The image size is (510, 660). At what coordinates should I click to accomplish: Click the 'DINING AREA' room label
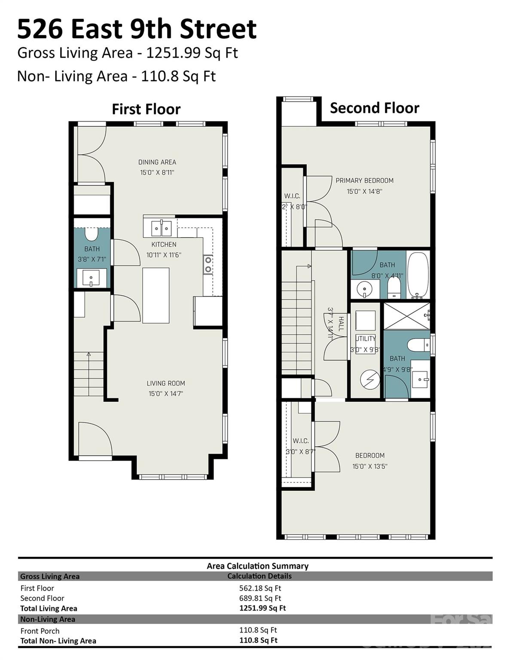(x=157, y=162)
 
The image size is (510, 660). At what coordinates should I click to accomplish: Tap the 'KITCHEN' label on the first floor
(x=164, y=244)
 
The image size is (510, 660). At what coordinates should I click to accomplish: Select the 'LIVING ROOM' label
(x=166, y=383)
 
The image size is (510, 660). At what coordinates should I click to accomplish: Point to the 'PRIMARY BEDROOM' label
(x=364, y=180)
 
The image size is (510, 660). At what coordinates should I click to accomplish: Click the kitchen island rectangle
(x=156, y=295)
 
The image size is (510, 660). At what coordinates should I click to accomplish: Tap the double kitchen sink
(x=162, y=228)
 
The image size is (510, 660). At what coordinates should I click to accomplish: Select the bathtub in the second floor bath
(x=418, y=275)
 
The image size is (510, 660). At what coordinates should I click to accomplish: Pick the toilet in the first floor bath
(x=92, y=234)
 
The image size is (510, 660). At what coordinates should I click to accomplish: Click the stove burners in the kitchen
(x=208, y=265)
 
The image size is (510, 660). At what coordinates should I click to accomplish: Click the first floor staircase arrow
(x=89, y=355)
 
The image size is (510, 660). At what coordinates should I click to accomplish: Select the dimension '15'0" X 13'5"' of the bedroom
(x=370, y=466)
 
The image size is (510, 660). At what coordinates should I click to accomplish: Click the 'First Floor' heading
(x=146, y=109)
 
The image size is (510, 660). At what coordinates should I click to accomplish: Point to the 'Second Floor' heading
(x=374, y=108)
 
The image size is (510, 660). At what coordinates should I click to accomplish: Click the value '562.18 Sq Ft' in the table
(x=260, y=588)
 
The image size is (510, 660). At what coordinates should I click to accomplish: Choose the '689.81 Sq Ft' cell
(x=260, y=598)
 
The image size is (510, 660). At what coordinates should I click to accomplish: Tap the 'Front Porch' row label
(x=40, y=631)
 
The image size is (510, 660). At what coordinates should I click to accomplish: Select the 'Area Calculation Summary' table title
(x=257, y=566)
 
